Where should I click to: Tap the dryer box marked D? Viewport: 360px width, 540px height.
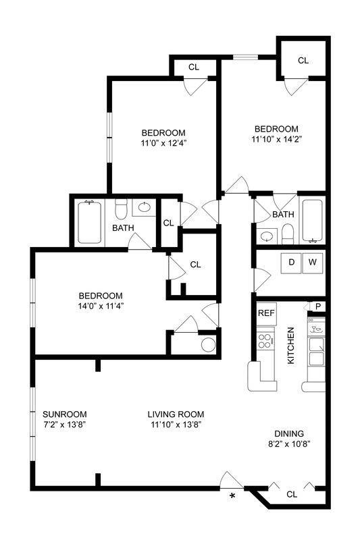(292, 261)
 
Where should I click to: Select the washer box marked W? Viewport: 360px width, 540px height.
(313, 261)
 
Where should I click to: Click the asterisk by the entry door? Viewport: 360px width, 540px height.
(233, 497)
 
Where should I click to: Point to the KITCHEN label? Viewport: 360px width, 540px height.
(291, 346)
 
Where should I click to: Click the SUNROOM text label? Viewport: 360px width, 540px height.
(64, 414)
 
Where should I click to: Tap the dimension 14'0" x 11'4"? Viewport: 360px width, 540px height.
(101, 306)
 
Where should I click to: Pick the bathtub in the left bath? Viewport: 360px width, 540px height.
(89, 223)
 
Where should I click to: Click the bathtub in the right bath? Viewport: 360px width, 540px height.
(312, 221)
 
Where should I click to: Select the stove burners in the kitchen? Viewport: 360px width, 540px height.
(264, 337)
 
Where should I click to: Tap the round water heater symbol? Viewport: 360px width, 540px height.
(209, 344)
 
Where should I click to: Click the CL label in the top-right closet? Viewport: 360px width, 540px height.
(303, 61)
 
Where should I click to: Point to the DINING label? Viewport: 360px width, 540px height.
(288, 433)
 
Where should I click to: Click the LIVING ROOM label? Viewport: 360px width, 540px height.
(176, 414)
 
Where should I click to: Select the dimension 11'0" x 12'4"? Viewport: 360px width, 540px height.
(163, 143)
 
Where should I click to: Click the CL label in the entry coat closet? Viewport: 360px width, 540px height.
(291, 494)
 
